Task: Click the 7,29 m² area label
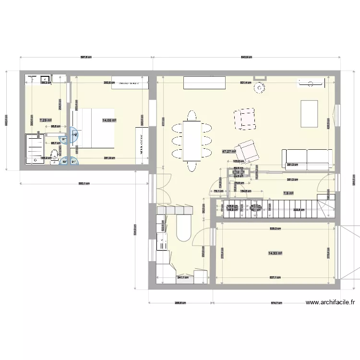point(45,120)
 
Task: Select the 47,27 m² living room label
point(229,151)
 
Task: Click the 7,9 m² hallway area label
point(288,193)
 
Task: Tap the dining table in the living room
point(191,141)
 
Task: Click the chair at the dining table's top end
point(192,116)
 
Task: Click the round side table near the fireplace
point(260,88)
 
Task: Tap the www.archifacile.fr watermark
point(330,302)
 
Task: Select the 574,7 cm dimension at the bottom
point(276,303)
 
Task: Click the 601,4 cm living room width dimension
point(245,83)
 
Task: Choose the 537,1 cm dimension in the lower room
point(275,277)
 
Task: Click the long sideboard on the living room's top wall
point(204,83)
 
